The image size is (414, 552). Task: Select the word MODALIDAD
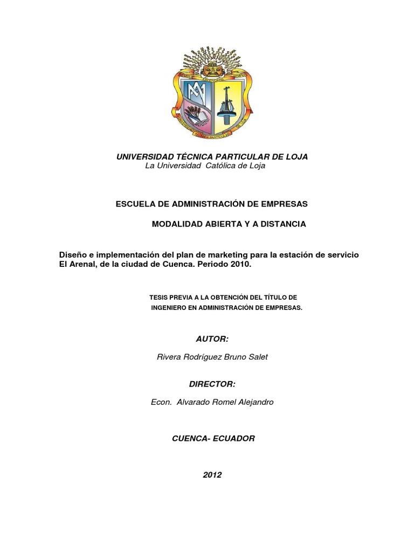(x=178, y=224)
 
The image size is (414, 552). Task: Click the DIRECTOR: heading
(x=212, y=383)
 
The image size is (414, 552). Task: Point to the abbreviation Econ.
(x=162, y=402)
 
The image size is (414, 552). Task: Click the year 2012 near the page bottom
(x=212, y=475)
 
